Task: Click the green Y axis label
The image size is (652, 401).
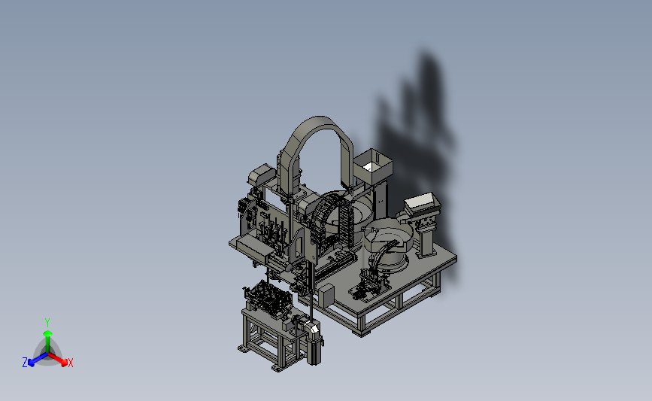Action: point(47,323)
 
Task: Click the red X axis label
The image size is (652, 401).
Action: point(70,363)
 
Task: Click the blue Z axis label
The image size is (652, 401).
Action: point(25,363)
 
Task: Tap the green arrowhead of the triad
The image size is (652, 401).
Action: point(47,333)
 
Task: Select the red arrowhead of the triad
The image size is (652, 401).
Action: point(64,363)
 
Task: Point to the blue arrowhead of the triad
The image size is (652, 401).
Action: point(31,363)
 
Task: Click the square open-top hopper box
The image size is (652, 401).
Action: point(373,166)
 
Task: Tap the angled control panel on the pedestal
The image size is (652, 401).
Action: point(422,202)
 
